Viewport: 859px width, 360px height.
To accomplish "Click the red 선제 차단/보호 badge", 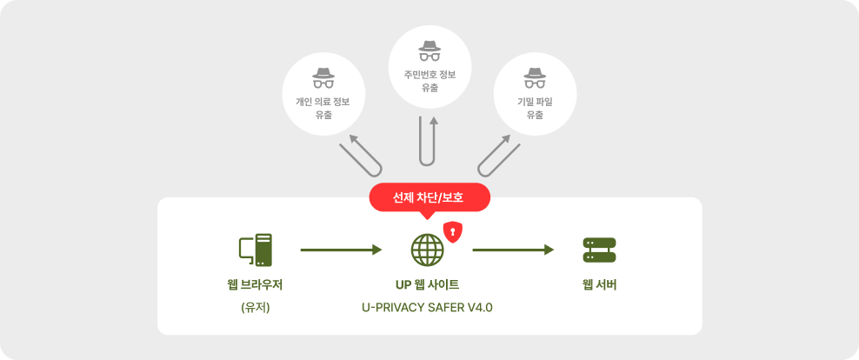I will pyautogui.click(x=429, y=197).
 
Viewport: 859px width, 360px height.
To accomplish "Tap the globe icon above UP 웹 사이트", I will pyautogui.click(x=427, y=250).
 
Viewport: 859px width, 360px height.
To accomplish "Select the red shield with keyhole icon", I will pyautogui.click(x=452, y=231).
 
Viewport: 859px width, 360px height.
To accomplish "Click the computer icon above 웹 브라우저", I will pyautogui.click(x=256, y=250).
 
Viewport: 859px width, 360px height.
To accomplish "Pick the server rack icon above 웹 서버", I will pyautogui.click(x=599, y=250).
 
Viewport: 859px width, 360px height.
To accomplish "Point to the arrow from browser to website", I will pyautogui.click(x=341, y=250).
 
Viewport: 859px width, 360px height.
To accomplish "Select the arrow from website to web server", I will pyautogui.click(x=513, y=250).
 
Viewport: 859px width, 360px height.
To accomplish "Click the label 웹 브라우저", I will pyautogui.click(x=256, y=284).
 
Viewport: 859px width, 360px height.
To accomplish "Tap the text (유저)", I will pyautogui.click(x=256, y=307).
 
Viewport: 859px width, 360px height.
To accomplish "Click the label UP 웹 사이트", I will pyautogui.click(x=427, y=284).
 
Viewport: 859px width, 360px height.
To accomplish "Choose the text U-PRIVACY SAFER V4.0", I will pyautogui.click(x=427, y=307).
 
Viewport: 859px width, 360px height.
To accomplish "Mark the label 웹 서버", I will pyautogui.click(x=599, y=284).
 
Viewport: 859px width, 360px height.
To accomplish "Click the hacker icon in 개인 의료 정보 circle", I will pyautogui.click(x=323, y=78).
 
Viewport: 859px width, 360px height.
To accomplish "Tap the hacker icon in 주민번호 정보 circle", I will pyautogui.click(x=429, y=50).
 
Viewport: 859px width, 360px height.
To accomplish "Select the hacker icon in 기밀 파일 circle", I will pyautogui.click(x=535, y=78).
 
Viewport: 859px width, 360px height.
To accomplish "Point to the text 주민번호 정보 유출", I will pyautogui.click(x=429, y=81).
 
